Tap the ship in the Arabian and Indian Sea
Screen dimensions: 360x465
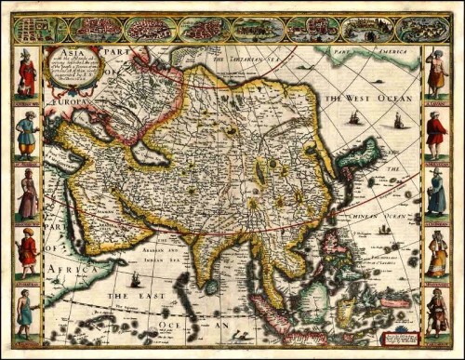click(x=135, y=278)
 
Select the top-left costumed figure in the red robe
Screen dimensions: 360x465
click(x=28, y=76)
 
